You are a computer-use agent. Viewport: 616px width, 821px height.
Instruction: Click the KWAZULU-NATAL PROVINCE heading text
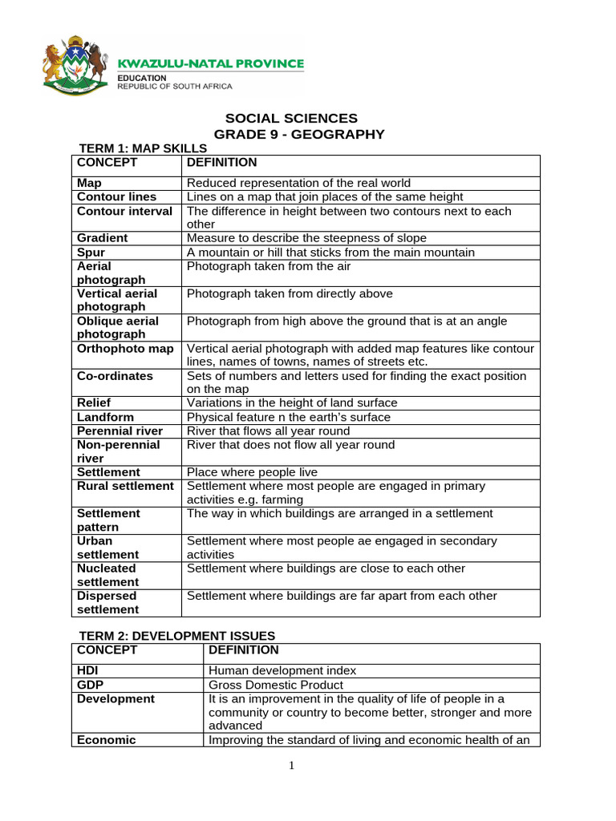click(211, 63)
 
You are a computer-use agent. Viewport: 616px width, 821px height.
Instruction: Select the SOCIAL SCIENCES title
click(291, 119)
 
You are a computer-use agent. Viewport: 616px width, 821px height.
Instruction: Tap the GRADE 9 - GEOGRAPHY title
click(298, 134)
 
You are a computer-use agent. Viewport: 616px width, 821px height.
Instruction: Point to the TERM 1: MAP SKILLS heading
click(142, 148)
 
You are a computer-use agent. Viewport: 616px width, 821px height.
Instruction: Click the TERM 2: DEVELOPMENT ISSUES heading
click(176, 636)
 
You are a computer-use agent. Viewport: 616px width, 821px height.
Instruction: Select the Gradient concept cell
click(103, 238)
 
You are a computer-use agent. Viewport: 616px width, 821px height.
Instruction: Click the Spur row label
click(91, 253)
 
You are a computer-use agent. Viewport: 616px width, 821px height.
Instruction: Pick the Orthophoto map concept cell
click(125, 349)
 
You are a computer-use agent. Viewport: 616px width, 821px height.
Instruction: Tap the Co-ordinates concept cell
click(115, 376)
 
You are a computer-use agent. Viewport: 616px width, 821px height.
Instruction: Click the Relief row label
click(94, 403)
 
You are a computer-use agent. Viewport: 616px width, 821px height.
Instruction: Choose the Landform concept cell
click(105, 417)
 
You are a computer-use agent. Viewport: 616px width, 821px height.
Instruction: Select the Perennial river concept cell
click(120, 431)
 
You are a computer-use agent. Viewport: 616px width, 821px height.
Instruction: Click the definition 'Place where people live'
click(252, 472)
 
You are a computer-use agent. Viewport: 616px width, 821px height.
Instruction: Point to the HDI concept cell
click(89, 671)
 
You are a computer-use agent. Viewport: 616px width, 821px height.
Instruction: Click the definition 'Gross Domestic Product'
click(275, 686)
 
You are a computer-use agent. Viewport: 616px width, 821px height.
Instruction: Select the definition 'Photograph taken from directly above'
click(290, 293)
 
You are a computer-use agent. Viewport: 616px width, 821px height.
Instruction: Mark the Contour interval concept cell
click(124, 211)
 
